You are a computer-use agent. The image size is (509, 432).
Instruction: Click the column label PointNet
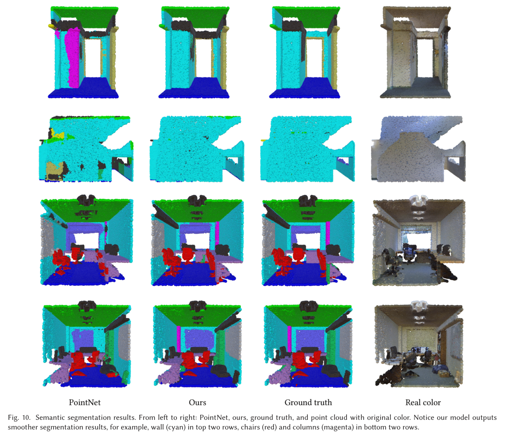tap(85, 403)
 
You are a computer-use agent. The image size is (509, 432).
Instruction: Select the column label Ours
tap(197, 403)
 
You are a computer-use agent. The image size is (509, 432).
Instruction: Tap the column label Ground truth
tap(308, 403)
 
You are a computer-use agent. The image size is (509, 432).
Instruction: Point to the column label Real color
tap(423, 403)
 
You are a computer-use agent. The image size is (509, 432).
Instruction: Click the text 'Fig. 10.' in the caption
tap(19, 418)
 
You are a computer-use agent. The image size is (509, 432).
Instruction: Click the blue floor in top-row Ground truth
tap(305, 89)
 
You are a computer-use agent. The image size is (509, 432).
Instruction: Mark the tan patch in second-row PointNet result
tap(54, 169)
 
